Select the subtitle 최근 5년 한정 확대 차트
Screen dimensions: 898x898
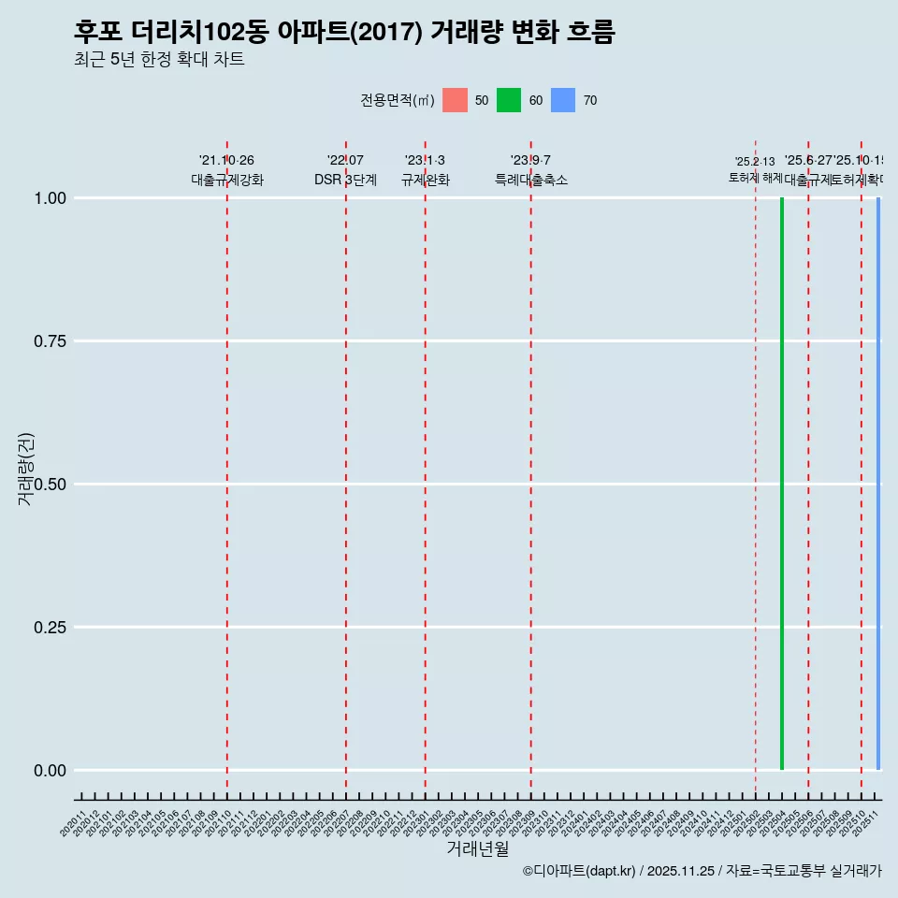(x=159, y=60)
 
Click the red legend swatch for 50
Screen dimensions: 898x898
(x=455, y=100)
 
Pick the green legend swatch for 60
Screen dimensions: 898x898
(x=509, y=100)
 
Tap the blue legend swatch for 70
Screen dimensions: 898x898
(x=563, y=100)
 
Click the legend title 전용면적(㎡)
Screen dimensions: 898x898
(x=397, y=100)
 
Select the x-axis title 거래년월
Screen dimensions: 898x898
(x=478, y=849)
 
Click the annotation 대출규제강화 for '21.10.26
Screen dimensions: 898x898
(x=227, y=180)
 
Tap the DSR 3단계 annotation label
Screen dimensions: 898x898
(x=345, y=180)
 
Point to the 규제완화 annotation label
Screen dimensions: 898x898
(x=426, y=180)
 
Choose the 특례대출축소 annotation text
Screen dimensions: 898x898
(x=531, y=180)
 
